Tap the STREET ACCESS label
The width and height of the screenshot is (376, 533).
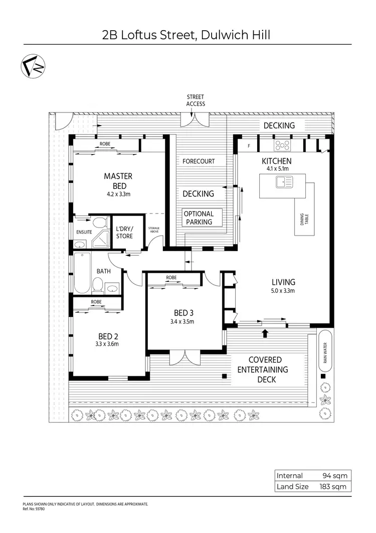(196, 100)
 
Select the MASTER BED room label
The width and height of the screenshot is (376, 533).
(118, 180)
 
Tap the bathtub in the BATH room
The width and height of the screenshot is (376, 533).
(81, 273)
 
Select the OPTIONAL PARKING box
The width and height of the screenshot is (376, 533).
(199, 218)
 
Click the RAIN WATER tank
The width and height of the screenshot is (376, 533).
(325, 350)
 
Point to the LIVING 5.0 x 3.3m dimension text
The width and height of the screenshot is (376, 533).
(283, 290)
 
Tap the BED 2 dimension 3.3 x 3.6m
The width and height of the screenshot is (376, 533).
(108, 344)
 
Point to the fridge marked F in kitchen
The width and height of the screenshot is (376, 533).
(249, 146)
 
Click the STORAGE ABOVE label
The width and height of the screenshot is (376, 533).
(154, 230)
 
